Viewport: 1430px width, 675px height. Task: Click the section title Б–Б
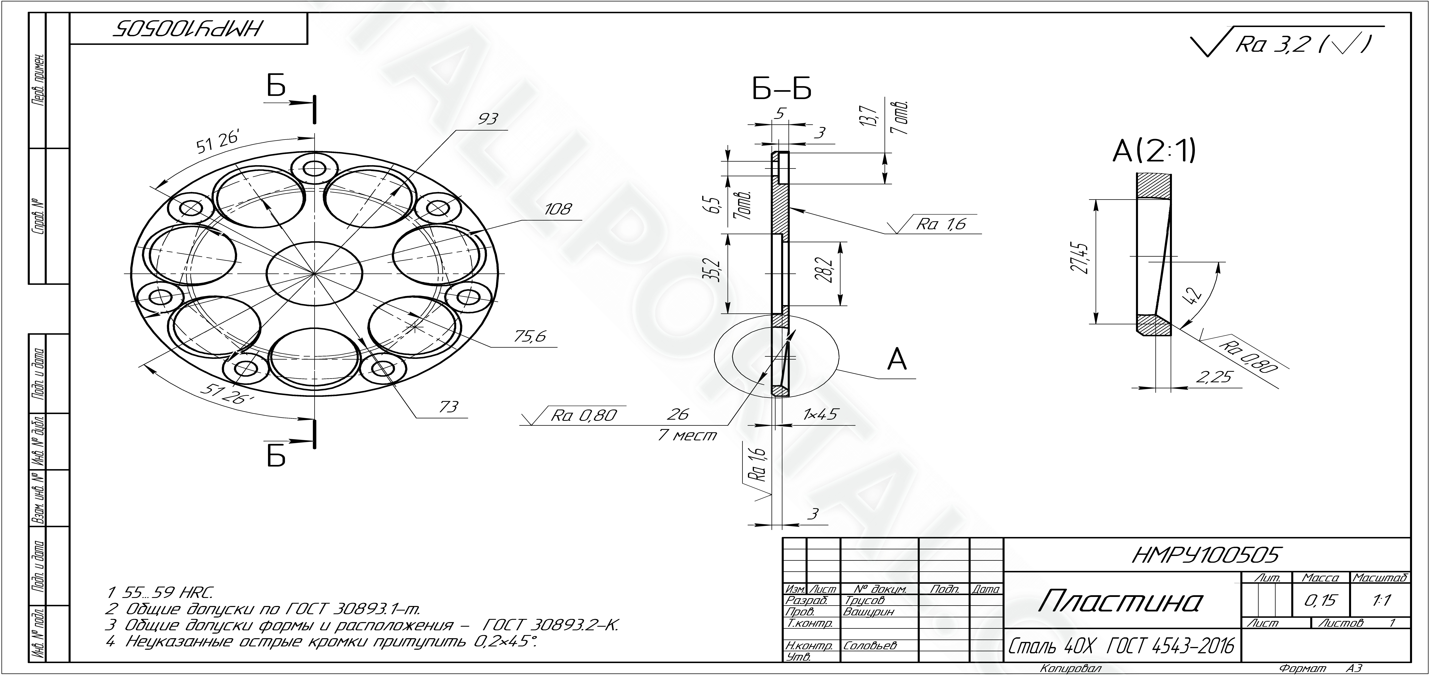(782, 89)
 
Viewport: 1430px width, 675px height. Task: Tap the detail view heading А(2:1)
(1154, 151)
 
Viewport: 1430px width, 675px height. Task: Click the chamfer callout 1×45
(820, 414)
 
